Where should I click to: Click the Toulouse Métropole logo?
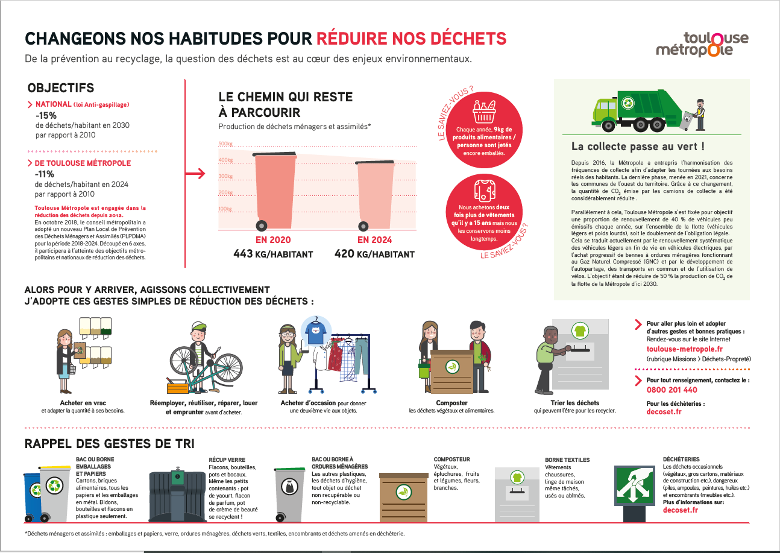point(702,43)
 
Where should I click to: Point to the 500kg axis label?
point(225,144)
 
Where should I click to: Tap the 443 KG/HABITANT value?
point(273,254)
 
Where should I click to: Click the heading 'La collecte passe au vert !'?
point(638,147)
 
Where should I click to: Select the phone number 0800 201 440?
point(671,390)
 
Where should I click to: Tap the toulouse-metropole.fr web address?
point(684,349)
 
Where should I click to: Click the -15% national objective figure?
point(46,115)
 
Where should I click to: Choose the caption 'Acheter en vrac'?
point(83,403)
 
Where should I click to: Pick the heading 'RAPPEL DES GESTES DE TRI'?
point(109,444)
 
